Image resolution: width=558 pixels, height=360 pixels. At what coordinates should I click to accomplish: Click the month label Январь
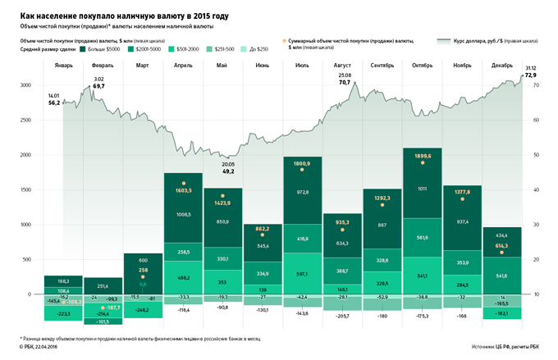click(63, 65)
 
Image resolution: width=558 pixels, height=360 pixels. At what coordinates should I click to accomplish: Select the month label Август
click(342, 65)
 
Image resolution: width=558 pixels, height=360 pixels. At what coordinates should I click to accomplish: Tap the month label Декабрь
click(503, 65)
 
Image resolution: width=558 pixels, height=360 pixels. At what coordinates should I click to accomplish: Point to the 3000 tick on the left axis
click(25, 85)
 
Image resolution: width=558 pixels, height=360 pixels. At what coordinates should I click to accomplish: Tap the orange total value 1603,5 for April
click(184, 189)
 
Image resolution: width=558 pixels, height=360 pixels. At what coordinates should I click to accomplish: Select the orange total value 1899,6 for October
click(423, 156)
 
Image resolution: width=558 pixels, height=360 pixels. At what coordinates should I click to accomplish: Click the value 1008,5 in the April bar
click(184, 215)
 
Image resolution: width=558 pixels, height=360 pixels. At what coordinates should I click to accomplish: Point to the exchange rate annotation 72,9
click(531, 75)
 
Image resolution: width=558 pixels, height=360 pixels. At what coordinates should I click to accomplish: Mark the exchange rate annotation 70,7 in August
click(344, 83)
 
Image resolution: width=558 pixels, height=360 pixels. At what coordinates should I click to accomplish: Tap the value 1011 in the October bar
click(423, 189)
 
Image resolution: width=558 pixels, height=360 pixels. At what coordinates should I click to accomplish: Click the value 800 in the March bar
click(143, 259)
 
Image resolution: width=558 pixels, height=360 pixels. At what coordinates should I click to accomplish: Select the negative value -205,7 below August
click(344, 316)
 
